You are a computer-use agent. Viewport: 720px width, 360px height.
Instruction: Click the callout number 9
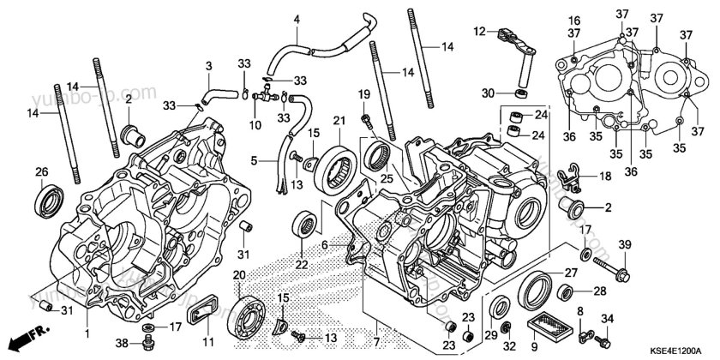[x=581, y=346]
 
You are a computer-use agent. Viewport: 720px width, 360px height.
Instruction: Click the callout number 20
[x=239, y=274]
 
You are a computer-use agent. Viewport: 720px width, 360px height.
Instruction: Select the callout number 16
[x=574, y=21]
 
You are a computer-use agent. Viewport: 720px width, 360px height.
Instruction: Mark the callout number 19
[x=363, y=93]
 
